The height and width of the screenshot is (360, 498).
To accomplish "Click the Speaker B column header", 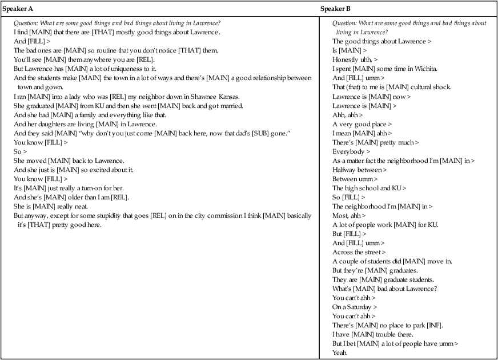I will pos(335,9).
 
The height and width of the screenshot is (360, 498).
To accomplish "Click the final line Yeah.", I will pos(340,353).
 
